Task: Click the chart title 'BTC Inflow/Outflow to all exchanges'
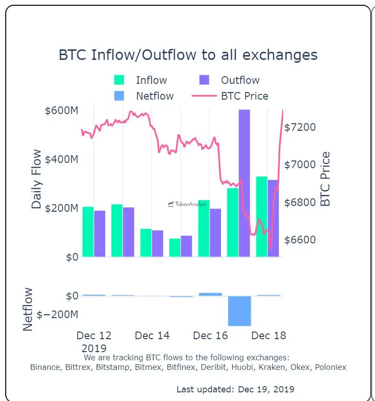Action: [x=188, y=55]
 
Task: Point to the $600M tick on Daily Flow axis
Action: [x=61, y=111]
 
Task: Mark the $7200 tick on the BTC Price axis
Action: [x=300, y=127]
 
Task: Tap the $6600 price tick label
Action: [x=300, y=240]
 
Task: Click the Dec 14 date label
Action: [x=152, y=335]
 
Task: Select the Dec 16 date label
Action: [x=210, y=335]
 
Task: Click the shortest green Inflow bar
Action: [x=175, y=247]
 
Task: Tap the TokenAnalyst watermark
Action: [x=187, y=204]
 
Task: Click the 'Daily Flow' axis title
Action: [x=36, y=180]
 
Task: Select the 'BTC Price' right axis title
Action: [x=326, y=179]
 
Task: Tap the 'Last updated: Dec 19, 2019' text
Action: [x=235, y=389]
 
